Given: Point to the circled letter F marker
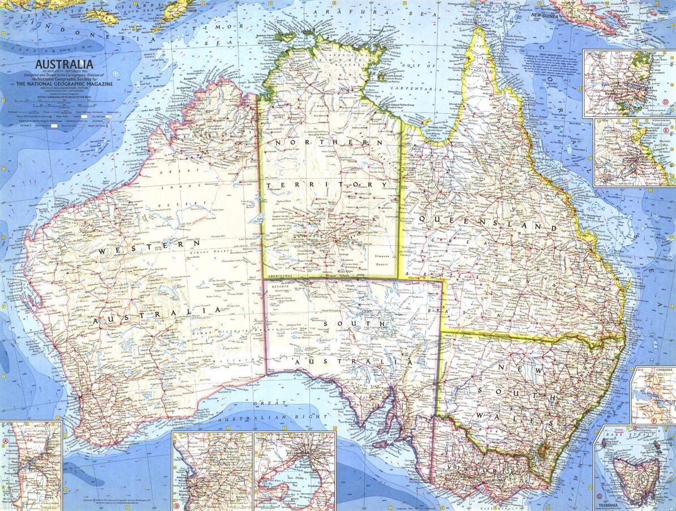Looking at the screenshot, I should coord(654,421).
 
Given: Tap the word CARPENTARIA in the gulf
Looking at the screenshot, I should coord(419,89).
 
